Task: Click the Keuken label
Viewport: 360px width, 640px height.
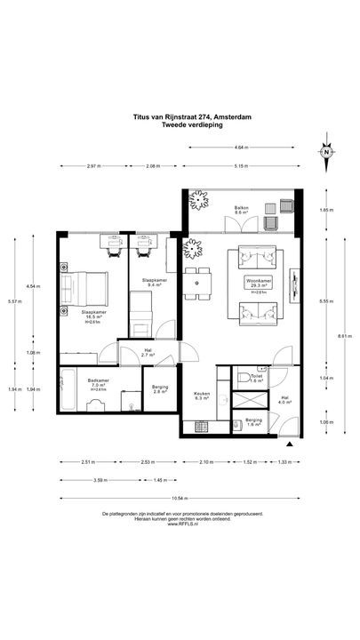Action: tap(202, 396)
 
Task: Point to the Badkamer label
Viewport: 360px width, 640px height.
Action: tap(99, 383)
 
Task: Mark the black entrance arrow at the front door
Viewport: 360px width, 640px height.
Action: tap(289, 441)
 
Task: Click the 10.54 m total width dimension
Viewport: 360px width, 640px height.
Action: tap(179, 499)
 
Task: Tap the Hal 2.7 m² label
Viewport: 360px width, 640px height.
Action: tap(148, 353)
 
